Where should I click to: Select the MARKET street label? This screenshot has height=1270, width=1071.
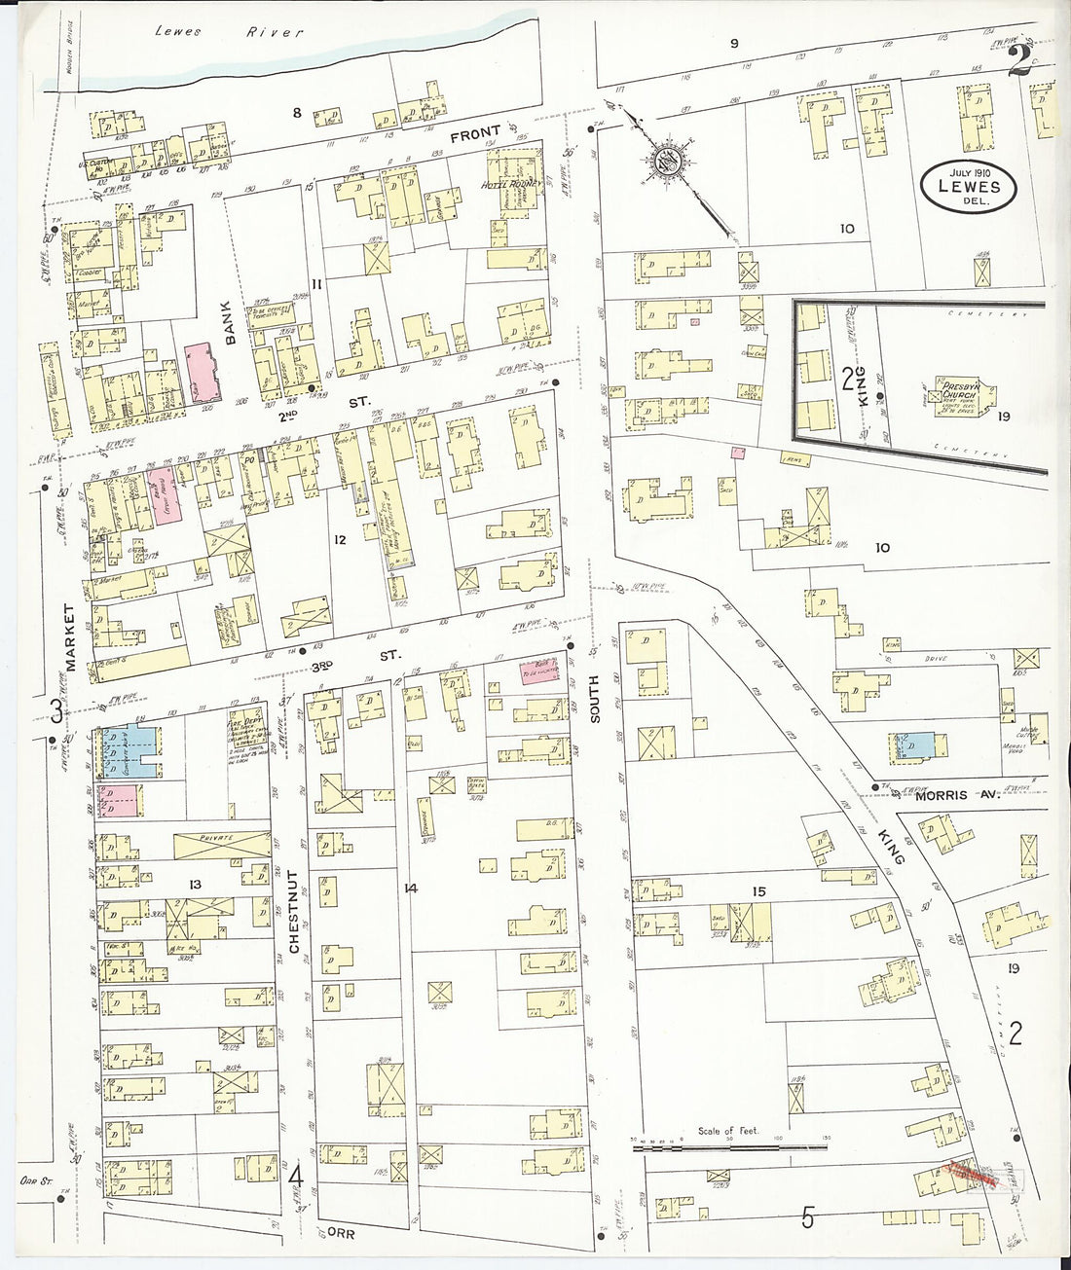pos(70,638)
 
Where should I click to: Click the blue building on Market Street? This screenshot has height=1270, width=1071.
pos(129,751)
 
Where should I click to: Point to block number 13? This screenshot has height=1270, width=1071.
pos(195,884)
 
